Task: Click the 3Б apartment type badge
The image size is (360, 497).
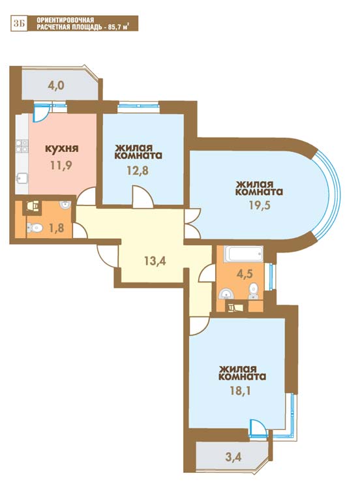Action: [x=20, y=23]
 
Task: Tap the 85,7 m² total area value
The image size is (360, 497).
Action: [x=119, y=27]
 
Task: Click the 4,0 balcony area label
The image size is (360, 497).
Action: [x=56, y=85]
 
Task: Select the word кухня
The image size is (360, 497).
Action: [x=62, y=148]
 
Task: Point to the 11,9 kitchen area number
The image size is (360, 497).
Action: [x=61, y=165]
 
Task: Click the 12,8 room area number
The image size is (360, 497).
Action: [x=138, y=170]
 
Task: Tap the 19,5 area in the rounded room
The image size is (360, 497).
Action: [x=259, y=205]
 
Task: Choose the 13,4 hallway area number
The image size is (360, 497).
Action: [x=155, y=261]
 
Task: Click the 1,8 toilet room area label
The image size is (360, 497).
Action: [x=56, y=227]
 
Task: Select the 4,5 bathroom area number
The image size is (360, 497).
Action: [x=245, y=273]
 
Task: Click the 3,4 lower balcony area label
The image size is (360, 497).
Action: [x=233, y=457]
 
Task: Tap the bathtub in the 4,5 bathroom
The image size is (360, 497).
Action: [x=243, y=254]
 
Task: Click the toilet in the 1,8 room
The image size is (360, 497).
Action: [x=34, y=227]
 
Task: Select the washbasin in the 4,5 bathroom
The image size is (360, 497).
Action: [x=226, y=294]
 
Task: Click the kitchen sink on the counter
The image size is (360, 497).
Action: [x=22, y=178]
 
